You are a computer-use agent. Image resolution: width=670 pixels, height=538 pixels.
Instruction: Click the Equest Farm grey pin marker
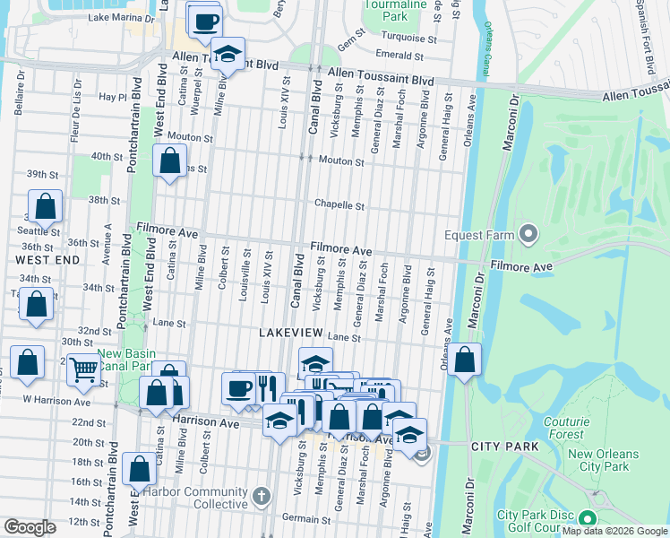click(x=528, y=236)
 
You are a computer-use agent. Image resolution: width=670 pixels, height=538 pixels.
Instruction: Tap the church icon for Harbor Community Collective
click(x=261, y=495)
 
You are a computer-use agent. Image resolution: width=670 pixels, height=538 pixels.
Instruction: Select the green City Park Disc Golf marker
click(x=588, y=519)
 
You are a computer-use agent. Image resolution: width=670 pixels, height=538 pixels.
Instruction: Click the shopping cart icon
click(x=83, y=367)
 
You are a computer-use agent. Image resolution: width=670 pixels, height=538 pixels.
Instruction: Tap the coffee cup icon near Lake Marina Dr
click(x=204, y=20)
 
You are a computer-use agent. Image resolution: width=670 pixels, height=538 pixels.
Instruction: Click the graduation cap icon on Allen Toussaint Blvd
click(x=228, y=56)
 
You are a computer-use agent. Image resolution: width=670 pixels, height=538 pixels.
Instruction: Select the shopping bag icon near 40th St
click(x=169, y=162)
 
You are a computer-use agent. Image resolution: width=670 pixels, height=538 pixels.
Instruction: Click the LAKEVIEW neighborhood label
click(x=289, y=332)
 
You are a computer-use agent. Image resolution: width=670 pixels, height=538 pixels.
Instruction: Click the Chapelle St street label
click(x=339, y=205)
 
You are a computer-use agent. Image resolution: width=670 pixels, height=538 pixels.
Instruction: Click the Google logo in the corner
click(x=29, y=527)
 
